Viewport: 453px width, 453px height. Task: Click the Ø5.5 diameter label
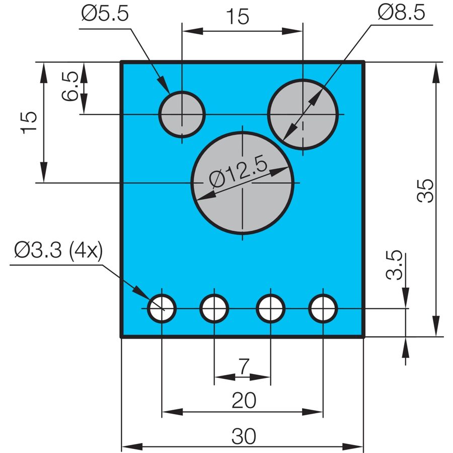tap(105, 13)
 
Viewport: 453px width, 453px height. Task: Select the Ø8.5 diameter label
tap(401, 13)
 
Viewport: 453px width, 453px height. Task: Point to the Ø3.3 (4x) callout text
tap(58, 250)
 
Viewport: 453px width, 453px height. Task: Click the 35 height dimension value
tap(425, 191)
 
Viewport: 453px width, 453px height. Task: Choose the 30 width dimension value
tap(244, 436)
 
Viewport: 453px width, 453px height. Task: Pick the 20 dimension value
tap(244, 401)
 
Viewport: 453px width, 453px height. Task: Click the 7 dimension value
tap(243, 366)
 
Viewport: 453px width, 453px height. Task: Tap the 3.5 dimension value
tap(394, 265)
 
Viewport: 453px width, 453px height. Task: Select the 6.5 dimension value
tap(70, 86)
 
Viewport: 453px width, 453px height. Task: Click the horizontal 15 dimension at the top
tap(238, 17)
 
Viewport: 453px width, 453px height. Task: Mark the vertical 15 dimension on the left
tap(29, 122)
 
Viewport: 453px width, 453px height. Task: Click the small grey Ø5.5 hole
tap(182, 114)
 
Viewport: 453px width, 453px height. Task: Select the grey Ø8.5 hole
tap(303, 114)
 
